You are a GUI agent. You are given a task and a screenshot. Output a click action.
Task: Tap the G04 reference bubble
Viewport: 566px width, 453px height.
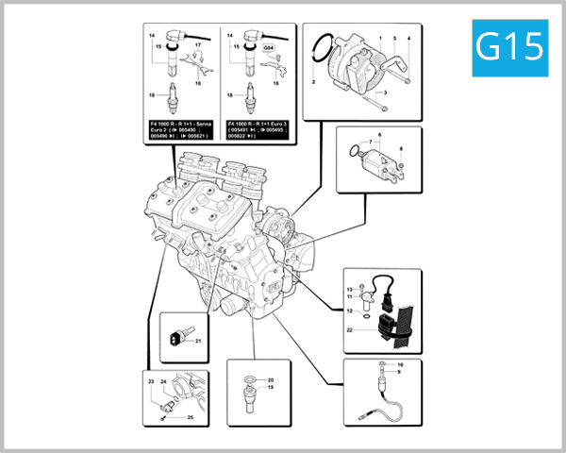point(269,46)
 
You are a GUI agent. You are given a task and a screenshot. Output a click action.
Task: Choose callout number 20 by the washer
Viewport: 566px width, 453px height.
point(270,379)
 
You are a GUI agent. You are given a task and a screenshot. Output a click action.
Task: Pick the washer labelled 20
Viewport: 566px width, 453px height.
point(248,379)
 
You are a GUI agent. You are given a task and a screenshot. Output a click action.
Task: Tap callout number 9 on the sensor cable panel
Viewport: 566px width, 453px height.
point(399,373)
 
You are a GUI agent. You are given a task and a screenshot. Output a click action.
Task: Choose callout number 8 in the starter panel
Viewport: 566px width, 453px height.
point(400,150)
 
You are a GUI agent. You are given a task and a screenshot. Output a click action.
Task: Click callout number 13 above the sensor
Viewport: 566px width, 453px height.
point(349,288)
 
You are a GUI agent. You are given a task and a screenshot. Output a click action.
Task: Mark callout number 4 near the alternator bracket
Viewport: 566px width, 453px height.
point(408,38)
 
